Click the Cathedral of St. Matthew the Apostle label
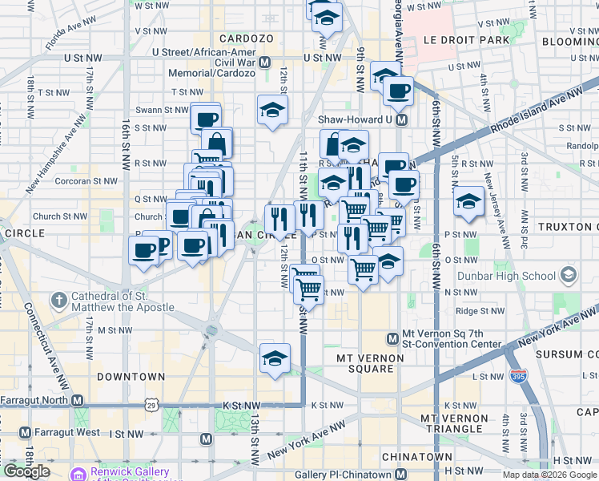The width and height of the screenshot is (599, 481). point(123,301)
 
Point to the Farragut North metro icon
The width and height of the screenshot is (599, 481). point(77,400)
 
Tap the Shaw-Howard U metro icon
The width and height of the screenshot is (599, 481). point(402,119)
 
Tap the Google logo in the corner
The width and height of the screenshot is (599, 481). point(27,471)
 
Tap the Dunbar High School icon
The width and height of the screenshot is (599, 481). point(568,277)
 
